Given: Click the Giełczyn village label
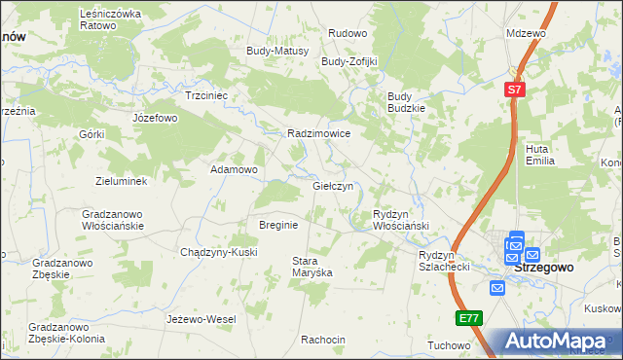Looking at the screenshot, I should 338,186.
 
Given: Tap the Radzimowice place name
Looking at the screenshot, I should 318,134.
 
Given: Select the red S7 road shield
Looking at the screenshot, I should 515,90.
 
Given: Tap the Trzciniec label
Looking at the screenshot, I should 206,96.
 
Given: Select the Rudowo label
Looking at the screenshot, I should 348,33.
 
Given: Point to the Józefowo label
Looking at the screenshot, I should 155,118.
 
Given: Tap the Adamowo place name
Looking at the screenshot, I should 234,169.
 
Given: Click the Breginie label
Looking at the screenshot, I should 277,225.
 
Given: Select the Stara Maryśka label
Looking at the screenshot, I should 312,267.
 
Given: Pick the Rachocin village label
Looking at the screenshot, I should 323,340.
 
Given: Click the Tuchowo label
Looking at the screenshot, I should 449,345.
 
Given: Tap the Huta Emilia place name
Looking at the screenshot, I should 539,155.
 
